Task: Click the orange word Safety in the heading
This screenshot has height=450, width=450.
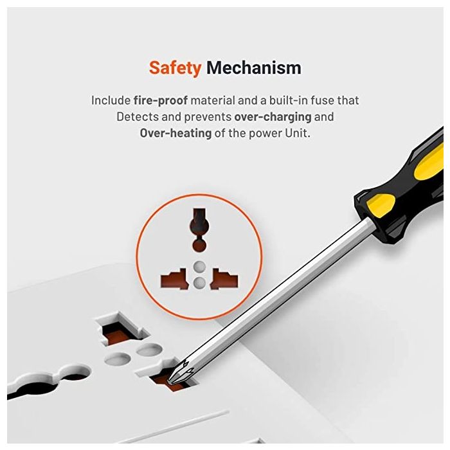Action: pyautogui.click(x=175, y=68)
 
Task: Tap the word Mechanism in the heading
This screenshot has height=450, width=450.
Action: pyautogui.click(x=254, y=67)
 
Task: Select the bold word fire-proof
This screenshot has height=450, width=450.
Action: pyautogui.click(x=161, y=100)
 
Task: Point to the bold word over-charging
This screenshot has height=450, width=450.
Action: pyautogui.click(x=273, y=117)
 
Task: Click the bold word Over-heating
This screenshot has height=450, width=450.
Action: pyautogui.click(x=175, y=133)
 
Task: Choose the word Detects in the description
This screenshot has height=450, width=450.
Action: pyautogui.click(x=138, y=117)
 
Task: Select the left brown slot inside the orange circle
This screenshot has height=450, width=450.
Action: pyautogui.click(x=174, y=279)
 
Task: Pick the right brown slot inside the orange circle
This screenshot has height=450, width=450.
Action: pyautogui.click(x=224, y=279)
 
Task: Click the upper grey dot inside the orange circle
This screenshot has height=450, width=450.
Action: pyautogui.click(x=199, y=267)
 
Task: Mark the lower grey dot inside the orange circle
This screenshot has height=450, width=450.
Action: pyautogui.click(x=199, y=283)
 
